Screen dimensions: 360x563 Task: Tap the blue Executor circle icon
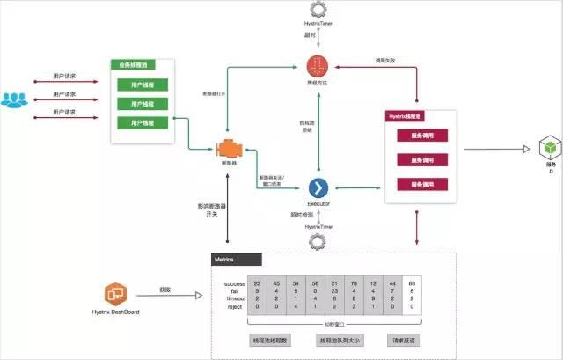(x=318, y=187)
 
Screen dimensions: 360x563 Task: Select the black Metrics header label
(x=237, y=260)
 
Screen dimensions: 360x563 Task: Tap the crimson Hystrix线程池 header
(x=412, y=116)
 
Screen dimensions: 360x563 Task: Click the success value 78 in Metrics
(x=353, y=283)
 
